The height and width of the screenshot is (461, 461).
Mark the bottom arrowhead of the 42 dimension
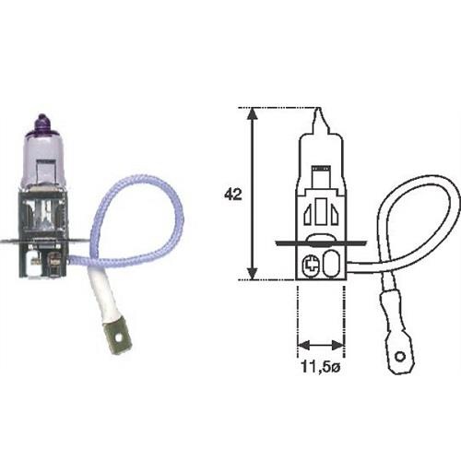coord(251,275)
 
